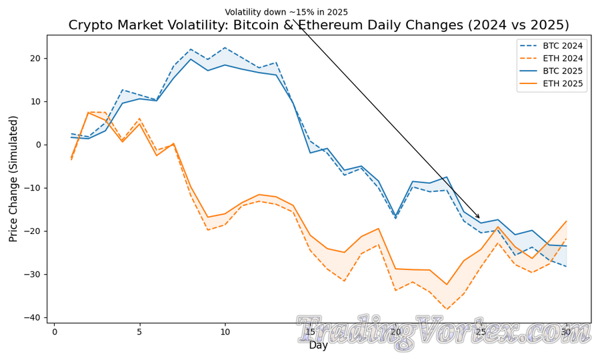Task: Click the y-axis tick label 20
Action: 35,59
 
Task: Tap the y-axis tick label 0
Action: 39,145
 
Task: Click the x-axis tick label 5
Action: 139,332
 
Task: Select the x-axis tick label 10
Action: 225,332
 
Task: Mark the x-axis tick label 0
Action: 55,332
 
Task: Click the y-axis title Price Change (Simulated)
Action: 14,179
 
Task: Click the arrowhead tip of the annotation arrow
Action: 480,219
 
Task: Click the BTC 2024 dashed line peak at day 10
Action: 225,48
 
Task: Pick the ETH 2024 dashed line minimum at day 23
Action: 447,309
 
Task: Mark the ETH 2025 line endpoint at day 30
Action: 566,221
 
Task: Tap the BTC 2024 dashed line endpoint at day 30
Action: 566,267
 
